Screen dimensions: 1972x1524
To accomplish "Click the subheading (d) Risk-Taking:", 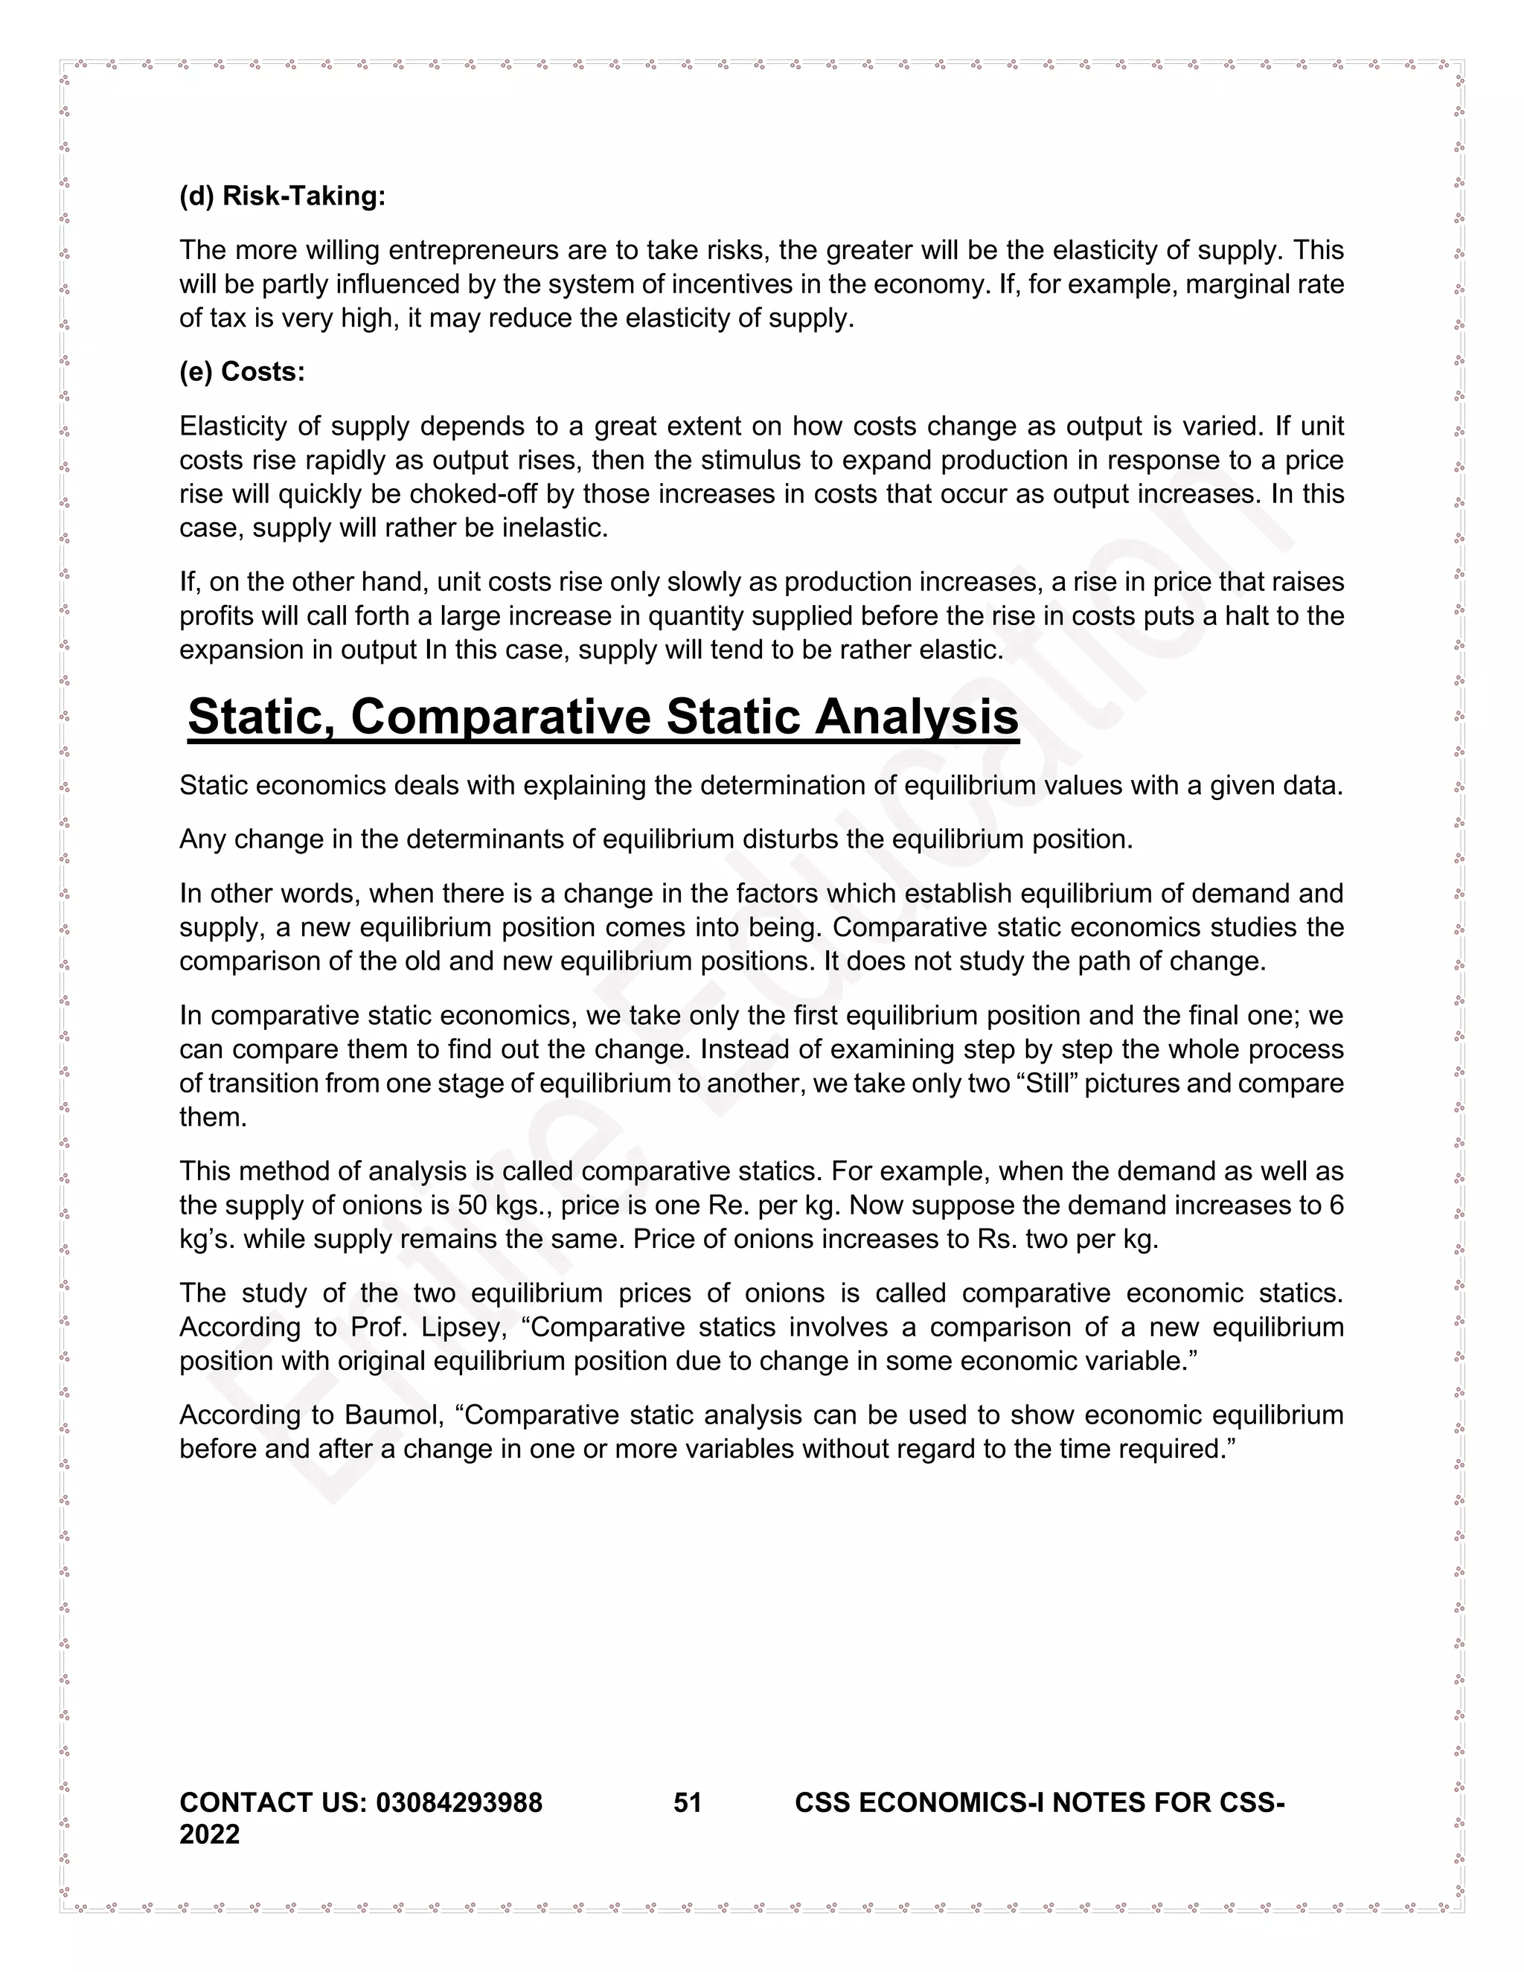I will tap(282, 196).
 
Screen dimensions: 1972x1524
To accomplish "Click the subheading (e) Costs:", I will tap(242, 372).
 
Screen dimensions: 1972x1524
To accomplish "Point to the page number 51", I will tap(687, 1803).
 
